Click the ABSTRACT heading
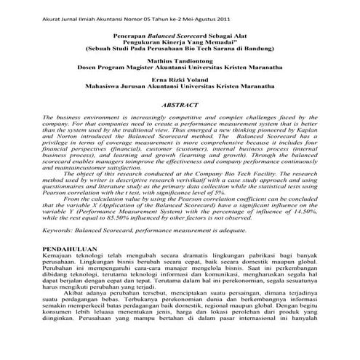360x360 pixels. pos(180,105)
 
